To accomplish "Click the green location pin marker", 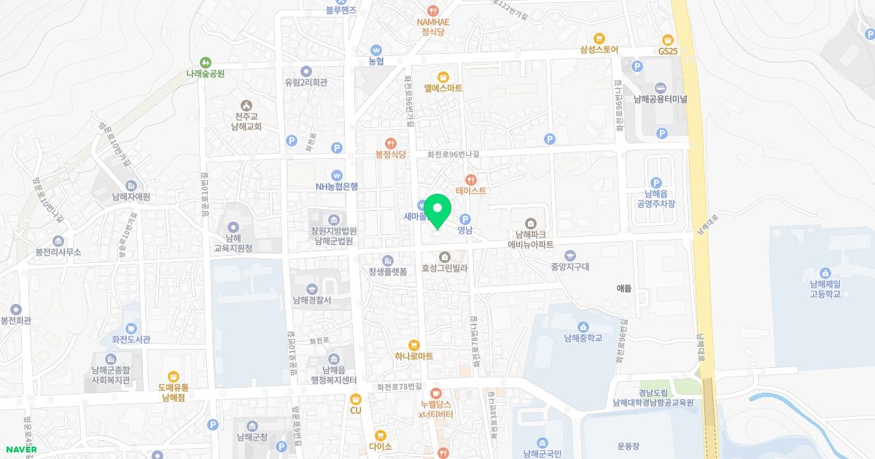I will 437,211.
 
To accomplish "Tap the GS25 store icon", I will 667,39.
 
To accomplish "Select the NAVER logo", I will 20,449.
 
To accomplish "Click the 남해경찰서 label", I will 312,300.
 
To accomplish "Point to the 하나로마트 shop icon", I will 414,345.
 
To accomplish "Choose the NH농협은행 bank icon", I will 336,175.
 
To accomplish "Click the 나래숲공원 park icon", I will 206,63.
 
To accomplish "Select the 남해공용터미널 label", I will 661,99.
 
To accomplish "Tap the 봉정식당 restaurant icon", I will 390,143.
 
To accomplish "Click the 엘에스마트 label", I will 443,88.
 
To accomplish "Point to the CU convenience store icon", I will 355,399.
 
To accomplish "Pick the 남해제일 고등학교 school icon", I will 825,272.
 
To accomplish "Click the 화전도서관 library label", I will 131,339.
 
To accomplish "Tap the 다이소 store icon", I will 380,435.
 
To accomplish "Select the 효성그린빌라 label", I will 444,268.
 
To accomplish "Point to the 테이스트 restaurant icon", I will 471,179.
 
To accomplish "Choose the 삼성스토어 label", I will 599,50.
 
